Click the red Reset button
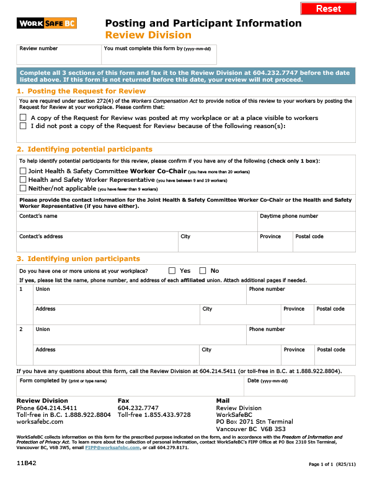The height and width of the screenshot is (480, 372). pos(329,8)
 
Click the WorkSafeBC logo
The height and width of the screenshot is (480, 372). pos(46,24)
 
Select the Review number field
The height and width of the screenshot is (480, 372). pos(58,57)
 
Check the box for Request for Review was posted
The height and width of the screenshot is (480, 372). pos(23,117)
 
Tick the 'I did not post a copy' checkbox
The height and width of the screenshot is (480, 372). pos(23,126)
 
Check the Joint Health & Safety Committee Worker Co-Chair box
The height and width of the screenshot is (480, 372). pos(23,171)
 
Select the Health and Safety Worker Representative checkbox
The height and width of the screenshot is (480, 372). pos(23,179)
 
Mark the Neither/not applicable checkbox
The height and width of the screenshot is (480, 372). pos(23,188)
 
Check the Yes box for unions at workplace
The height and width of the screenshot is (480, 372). pos(172,271)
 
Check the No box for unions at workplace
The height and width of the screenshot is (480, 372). pos(203,271)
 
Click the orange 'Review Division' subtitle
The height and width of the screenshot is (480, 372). pos(148,35)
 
